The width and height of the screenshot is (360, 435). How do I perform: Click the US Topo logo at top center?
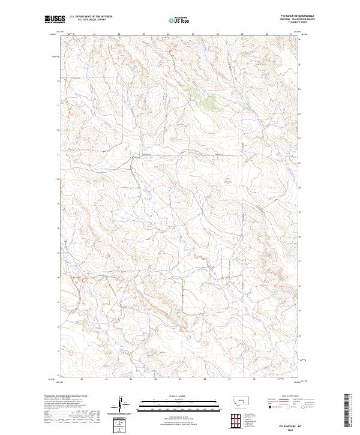[181, 20]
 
